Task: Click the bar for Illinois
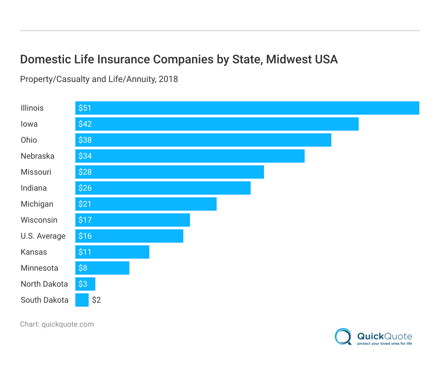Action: click(247, 108)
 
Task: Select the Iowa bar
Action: click(217, 124)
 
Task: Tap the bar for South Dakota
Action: click(82, 300)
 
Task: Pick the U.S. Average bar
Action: click(129, 236)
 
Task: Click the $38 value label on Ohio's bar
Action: click(85, 140)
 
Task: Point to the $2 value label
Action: click(96, 300)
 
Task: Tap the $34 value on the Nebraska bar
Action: click(85, 156)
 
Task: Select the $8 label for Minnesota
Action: click(83, 268)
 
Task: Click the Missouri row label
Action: click(36, 172)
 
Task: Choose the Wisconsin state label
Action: click(39, 220)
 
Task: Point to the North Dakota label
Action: click(44, 284)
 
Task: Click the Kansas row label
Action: click(34, 252)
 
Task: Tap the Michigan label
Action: click(37, 204)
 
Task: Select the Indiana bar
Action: click(163, 188)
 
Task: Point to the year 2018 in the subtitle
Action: click(168, 79)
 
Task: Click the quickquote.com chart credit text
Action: click(68, 324)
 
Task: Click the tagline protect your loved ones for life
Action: click(384, 344)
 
